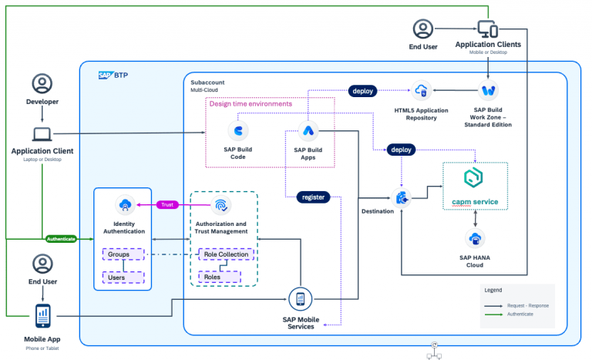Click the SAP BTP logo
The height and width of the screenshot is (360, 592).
(x=113, y=76)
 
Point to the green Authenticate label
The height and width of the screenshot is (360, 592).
(x=61, y=239)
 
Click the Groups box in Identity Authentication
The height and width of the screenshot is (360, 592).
(x=122, y=254)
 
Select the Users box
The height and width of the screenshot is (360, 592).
(x=122, y=276)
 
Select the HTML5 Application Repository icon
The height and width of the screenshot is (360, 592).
(x=421, y=91)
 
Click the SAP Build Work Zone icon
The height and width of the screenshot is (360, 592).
(x=488, y=91)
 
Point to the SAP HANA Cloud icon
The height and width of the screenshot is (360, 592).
(x=476, y=238)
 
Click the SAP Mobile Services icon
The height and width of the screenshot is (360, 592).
(x=299, y=299)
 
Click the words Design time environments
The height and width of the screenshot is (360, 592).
(x=251, y=103)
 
